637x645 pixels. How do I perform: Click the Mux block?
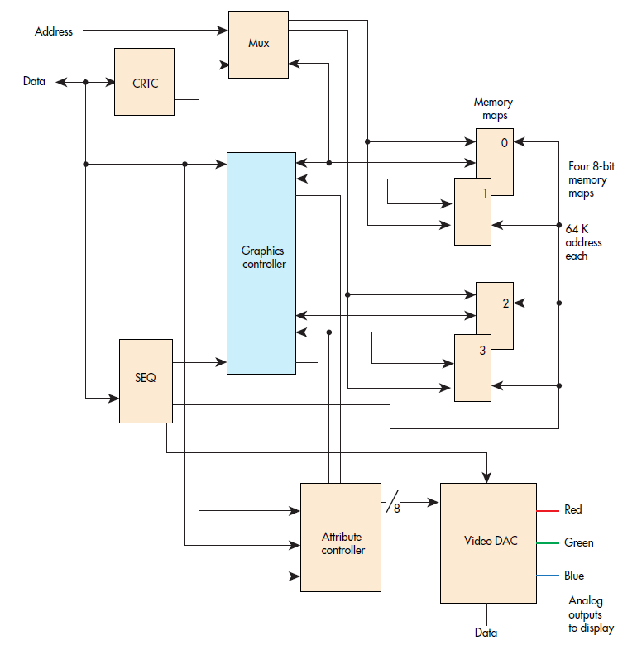tap(258, 45)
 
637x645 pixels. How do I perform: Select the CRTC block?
tap(144, 82)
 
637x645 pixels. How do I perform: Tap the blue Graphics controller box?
tap(261, 262)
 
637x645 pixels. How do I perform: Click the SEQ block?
tap(146, 380)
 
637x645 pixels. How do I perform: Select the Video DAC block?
tap(488, 542)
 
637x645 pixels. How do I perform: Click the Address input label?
tap(54, 31)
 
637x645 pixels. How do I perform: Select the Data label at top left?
tap(34, 82)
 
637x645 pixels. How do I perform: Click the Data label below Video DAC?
tap(486, 633)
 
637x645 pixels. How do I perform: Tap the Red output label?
tap(573, 509)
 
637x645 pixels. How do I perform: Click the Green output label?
tap(579, 542)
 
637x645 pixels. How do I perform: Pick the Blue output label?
tap(574, 576)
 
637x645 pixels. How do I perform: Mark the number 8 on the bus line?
tap(396, 509)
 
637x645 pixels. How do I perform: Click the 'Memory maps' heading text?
tap(493, 109)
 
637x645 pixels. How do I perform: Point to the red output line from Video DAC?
tap(548, 510)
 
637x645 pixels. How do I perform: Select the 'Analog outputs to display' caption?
tap(591, 614)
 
